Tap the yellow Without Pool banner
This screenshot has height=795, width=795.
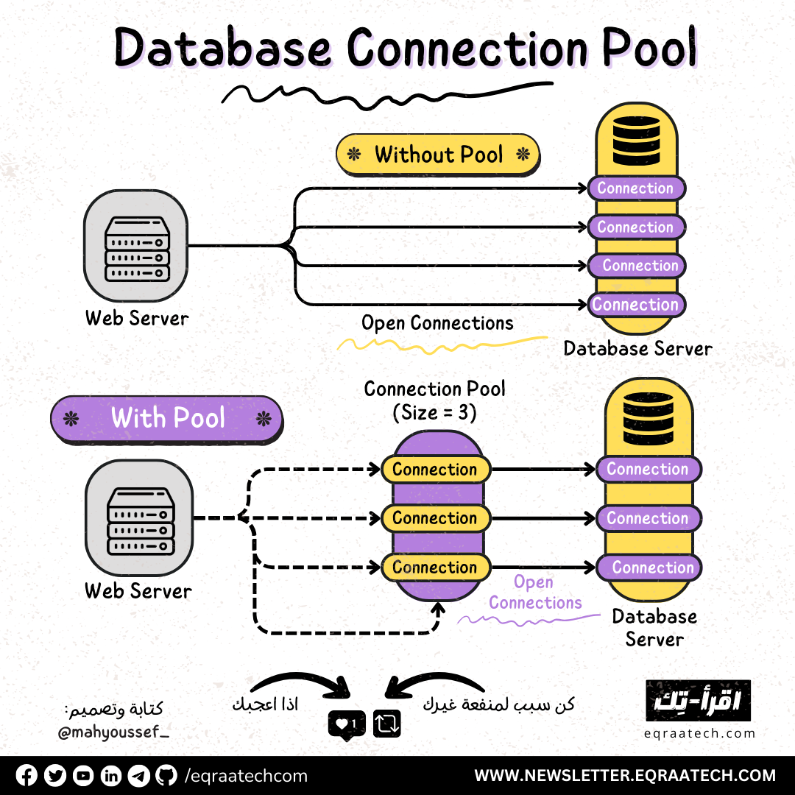point(438,155)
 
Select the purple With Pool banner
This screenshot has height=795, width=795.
point(166,419)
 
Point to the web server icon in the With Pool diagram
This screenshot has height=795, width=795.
point(138,518)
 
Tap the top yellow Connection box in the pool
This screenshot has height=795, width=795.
point(435,469)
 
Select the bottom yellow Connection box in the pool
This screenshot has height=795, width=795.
point(435,567)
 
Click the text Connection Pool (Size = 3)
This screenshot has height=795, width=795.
point(435,400)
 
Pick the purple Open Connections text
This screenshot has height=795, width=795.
point(534,593)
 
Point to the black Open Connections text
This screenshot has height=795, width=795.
point(437,323)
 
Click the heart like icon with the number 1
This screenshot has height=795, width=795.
point(346,724)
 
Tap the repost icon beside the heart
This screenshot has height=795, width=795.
point(386,724)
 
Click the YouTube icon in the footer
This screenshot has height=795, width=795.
point(83,775)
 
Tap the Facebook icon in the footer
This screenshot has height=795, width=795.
point(26,775)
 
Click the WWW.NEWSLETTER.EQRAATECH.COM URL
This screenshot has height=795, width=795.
point(625,775)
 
